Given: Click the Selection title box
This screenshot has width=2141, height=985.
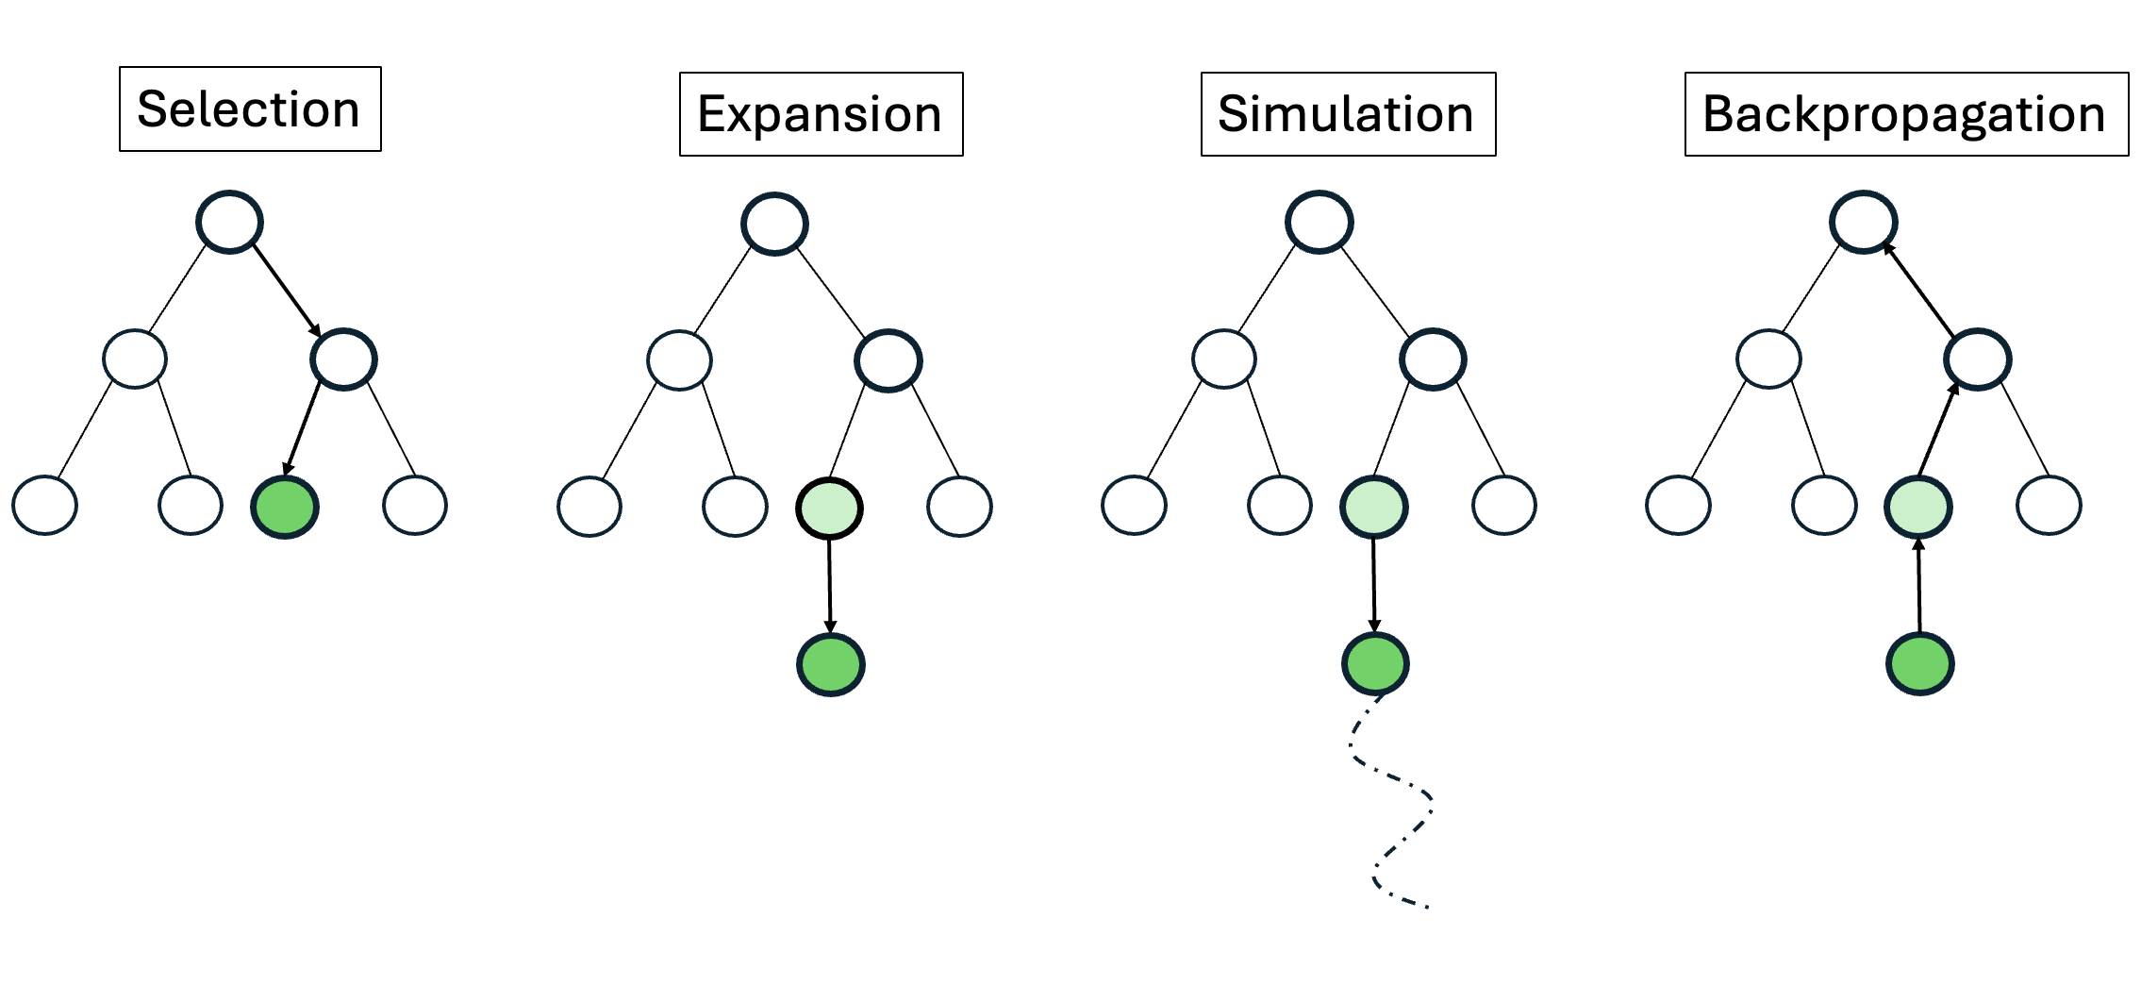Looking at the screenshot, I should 250,109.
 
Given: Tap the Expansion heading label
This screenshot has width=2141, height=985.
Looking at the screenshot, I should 821,114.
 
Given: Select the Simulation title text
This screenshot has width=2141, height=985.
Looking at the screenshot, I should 1347,114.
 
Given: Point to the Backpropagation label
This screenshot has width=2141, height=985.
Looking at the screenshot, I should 1905,114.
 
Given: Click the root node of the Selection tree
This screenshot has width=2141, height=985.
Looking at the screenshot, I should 229,223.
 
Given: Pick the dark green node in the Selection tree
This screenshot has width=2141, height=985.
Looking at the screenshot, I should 285,507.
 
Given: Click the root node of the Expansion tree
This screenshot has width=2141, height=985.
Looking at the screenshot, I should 774,225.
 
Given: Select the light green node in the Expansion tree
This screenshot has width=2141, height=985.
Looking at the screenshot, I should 829,509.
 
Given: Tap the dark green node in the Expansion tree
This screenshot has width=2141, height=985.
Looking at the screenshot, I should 831,664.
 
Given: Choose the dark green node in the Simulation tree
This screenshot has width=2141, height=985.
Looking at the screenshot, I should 1375,663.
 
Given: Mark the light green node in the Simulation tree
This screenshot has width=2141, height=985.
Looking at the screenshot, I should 1374,507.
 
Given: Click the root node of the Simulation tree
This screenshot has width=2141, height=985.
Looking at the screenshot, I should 1319,223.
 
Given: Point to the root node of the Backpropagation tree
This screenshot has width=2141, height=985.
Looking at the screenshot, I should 1863,223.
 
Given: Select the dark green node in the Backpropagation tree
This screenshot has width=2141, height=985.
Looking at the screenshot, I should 1919,663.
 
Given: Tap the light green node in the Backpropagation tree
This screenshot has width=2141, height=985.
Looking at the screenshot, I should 1918,507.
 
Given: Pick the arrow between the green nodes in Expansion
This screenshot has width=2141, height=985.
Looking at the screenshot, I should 830,585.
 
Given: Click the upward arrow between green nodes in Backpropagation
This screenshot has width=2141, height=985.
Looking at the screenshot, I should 1919,585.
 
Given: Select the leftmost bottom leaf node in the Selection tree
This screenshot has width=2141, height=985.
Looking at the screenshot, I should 44,506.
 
